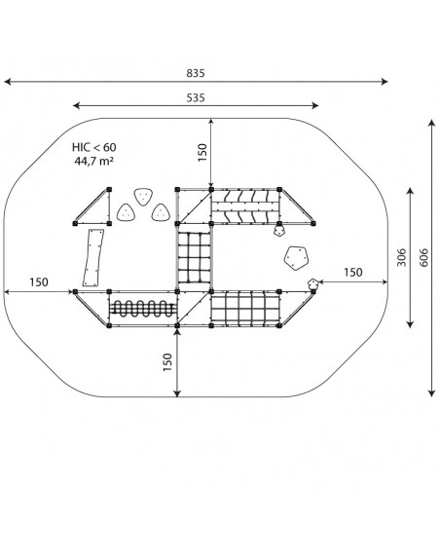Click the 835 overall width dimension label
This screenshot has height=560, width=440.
pyautogui.click(x=196, y=73)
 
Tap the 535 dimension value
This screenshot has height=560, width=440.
pyautogui.click(x=196, y=97)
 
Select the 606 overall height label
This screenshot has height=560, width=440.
pyautogui.click(x=423, y=257)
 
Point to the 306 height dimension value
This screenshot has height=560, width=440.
pyautogui.click(x=402, y=257)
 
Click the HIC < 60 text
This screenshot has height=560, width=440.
pyautogui.click(x=93, y=147)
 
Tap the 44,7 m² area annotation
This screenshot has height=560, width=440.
pyautogui.click(x=93, y=161)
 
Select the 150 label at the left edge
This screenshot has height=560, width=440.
pyautogui.click(x=39, y=282)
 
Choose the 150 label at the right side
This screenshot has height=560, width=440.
pyautogui.click(x=353, y=272)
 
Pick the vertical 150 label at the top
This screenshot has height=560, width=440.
pyautogui.click(x=202, y=153)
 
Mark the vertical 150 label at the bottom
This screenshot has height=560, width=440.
pyautogui.click(x=167, y=362)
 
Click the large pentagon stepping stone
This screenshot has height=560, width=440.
pyautogui.click(x=296, y=257)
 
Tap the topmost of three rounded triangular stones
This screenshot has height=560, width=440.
pyautogui.click(x=143, y=197)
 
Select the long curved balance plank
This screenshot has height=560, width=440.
pyautogui.click(x=93, y=257)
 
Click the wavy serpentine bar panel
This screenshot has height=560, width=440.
pyautogui.click(x=143, y=309)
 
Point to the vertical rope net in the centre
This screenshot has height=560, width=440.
pyautogui.click(x=194, y=257)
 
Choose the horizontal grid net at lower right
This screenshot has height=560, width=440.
pyautogui.click(x=244, y=309)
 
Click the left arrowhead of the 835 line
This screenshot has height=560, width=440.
pyautogui.click(x=8, y=82)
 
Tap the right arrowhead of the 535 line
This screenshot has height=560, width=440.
pyautogui.click(x=314, y=105)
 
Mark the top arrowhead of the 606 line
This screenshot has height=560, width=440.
pyautogui.click(x=432, y=124)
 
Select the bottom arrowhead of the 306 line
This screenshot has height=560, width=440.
pyautogui.click(x=410, y=324)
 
